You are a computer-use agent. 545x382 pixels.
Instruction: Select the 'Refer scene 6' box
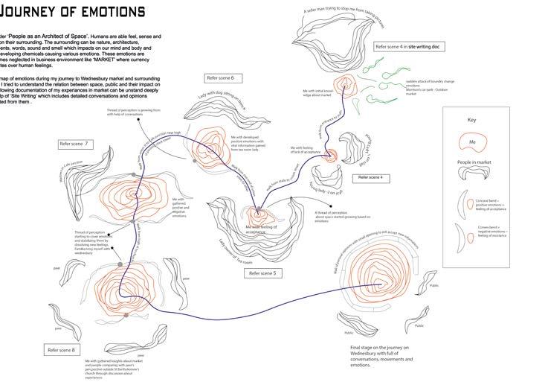point(222,77)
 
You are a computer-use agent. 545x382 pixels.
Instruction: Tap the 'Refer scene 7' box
point(76,143)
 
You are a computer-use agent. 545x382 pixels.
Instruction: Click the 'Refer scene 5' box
point(262,273)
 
